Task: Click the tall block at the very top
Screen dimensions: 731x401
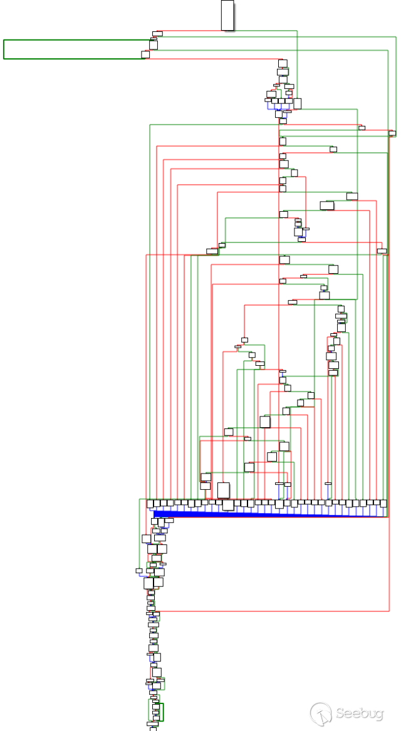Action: pos(227,15)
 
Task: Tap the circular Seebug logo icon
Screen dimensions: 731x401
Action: pos(321,713)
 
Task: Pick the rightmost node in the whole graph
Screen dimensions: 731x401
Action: pos(392,133)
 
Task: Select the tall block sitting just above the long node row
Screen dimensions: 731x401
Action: pos(223,490)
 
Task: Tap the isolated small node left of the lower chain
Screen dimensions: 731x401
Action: pos(139,571)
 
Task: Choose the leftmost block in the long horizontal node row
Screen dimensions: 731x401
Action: pos(150,503)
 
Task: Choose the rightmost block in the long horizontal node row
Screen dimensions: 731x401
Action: pos(384,503)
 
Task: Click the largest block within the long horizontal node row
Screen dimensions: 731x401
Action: pos(228,504)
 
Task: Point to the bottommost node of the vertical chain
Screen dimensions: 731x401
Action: pos(153,728)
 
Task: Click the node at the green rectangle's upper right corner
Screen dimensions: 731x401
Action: pos(154,44)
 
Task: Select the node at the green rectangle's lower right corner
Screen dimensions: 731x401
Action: pos(145,54)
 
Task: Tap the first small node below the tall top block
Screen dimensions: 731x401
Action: pos(158,33)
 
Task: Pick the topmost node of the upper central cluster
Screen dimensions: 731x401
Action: pos(283,63)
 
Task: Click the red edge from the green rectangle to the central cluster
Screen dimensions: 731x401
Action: pos(213,59)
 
